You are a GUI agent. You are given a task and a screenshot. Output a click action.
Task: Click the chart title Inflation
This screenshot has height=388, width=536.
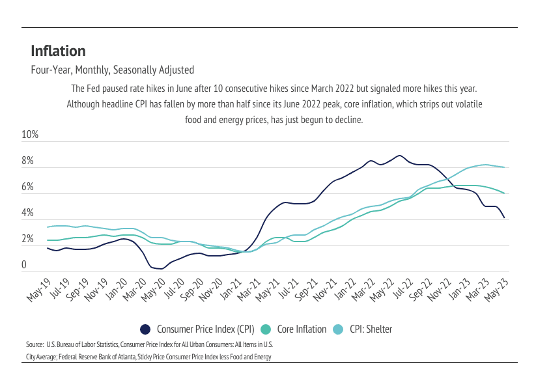58,51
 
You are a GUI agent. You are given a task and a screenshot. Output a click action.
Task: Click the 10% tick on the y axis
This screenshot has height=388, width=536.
31,135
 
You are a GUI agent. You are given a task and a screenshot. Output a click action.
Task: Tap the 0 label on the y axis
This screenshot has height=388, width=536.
24,266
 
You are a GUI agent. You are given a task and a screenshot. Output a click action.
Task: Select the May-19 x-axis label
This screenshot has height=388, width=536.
39,288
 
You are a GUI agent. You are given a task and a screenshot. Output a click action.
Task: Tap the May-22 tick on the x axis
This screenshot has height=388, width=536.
384,288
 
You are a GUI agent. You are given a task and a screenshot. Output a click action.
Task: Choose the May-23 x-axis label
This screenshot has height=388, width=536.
499,288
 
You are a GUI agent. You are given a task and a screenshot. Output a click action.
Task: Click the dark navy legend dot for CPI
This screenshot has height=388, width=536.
146,329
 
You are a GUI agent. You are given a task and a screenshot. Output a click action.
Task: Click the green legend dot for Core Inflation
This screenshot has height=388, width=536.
266,329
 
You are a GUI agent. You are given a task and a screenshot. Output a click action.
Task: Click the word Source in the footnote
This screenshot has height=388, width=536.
35,344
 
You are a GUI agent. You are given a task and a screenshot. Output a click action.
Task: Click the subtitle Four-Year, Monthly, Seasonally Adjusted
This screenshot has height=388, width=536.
112,70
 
